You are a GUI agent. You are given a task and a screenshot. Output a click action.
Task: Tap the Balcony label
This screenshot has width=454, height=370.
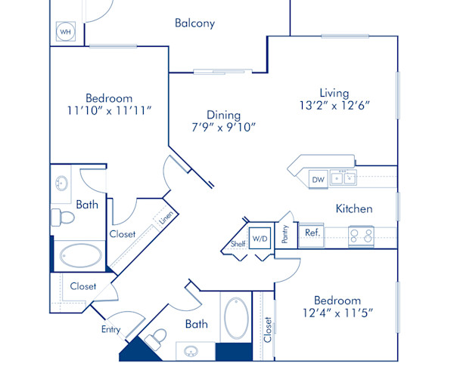(x=194, y=23)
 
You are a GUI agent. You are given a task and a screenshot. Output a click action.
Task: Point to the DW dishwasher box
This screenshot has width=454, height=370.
(x=318, y=180)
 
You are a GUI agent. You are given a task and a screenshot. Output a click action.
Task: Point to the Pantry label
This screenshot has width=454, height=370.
(x=285, y=235)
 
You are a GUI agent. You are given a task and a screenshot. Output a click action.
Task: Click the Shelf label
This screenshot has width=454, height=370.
(x=238, y=245)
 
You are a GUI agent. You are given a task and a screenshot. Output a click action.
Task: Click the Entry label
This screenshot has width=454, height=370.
(x=110, y=329)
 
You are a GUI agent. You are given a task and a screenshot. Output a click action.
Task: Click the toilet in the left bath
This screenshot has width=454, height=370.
(x=64, y=218)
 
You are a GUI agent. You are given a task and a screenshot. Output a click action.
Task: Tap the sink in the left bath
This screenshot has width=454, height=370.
(x=61, y=183)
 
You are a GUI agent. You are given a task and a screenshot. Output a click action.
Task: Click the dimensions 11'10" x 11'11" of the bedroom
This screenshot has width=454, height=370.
(x=108, y=110)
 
